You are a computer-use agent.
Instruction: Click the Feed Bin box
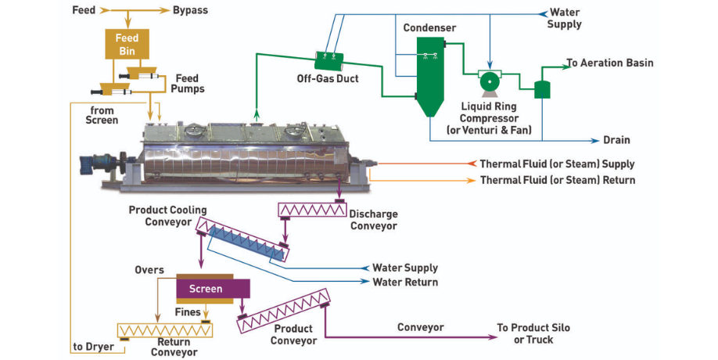(127, 44)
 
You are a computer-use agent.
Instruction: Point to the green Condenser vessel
(428, 74)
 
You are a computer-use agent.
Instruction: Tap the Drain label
(616, 141)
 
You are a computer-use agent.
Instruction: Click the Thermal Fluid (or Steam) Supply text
(557, 164)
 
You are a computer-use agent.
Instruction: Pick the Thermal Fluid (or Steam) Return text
(557, 180)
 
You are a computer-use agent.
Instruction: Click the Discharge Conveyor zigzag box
(312, 211)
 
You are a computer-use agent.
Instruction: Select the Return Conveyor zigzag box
(164, 330)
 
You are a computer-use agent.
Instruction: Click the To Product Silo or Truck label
(533, 333)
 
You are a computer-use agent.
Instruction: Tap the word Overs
(148, 270)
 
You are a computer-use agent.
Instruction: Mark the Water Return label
(405, 282)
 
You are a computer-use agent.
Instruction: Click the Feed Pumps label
(189, 84)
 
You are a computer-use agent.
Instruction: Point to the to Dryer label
(94, 347)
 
